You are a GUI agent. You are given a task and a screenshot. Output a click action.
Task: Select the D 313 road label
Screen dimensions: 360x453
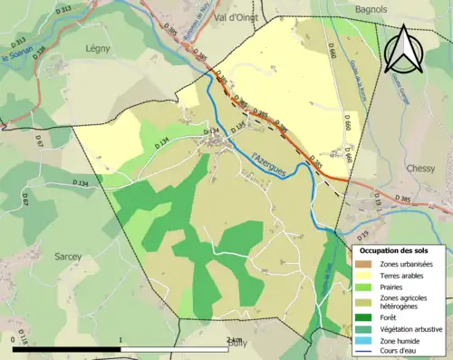pyautogui.click(x=20, y=42)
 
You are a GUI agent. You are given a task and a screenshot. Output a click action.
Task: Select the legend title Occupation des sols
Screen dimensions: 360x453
pyautogui.click(x=399, y=249)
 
